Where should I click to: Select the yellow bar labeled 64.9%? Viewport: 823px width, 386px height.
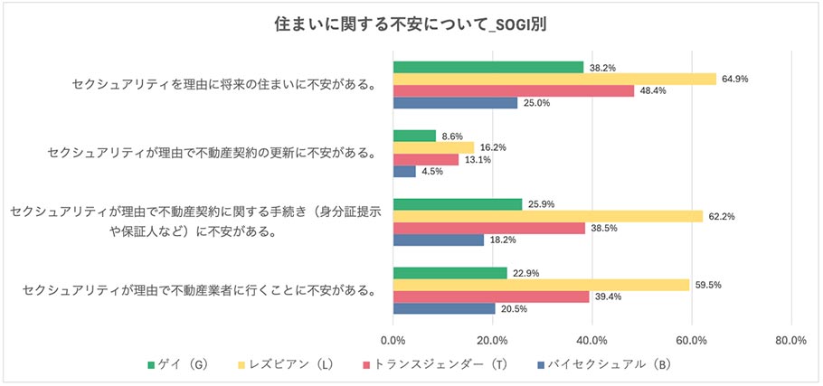[554, 79]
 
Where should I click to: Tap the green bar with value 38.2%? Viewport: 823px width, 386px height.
[488, 67]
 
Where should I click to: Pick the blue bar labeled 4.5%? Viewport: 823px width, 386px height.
[404, 171]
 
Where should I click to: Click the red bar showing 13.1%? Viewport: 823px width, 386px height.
[426, 159]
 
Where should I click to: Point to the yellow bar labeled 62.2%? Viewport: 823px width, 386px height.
[548, 216]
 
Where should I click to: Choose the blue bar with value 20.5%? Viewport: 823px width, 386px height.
[444, 308]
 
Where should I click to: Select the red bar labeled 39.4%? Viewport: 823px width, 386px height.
[491, 297]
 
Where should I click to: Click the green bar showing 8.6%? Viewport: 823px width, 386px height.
[414, 136]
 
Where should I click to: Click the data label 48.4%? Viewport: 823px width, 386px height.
[655, 90]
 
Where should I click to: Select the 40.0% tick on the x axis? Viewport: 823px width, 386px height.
[591, 341]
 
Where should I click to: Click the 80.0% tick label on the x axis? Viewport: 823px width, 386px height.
[790, 341]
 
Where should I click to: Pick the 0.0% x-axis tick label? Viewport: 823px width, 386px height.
[393, 341]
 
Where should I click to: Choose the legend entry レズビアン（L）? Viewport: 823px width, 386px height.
[292, 365]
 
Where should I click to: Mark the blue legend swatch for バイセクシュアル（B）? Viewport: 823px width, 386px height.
[540, 365]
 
